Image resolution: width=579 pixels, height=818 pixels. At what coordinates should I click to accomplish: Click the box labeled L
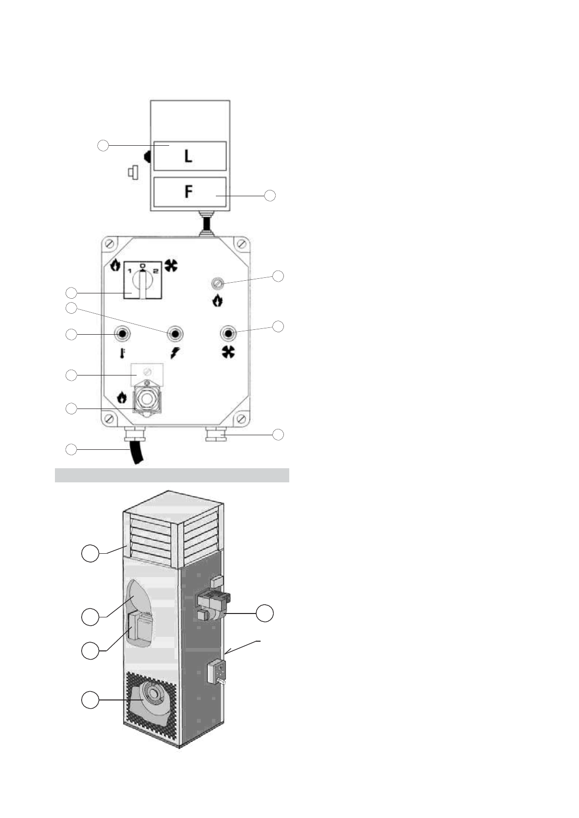tap(190, 156)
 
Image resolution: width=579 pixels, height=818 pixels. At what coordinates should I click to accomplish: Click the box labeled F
tap(190, 192)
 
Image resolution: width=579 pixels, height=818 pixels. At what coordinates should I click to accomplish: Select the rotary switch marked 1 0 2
tap(142, 280)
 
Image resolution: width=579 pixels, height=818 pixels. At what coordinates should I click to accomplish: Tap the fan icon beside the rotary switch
tap(171, 265)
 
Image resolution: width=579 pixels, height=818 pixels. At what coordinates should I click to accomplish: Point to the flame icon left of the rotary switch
tap(115, 265)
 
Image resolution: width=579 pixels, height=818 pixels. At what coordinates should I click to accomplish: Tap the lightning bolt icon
tap(174, 353)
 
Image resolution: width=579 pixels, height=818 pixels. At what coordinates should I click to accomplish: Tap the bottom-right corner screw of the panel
tap(240, 419)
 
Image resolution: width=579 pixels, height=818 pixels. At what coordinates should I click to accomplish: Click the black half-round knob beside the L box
tap(147, 156)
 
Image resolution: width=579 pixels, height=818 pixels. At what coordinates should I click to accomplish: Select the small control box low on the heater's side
tap(215, 672)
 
